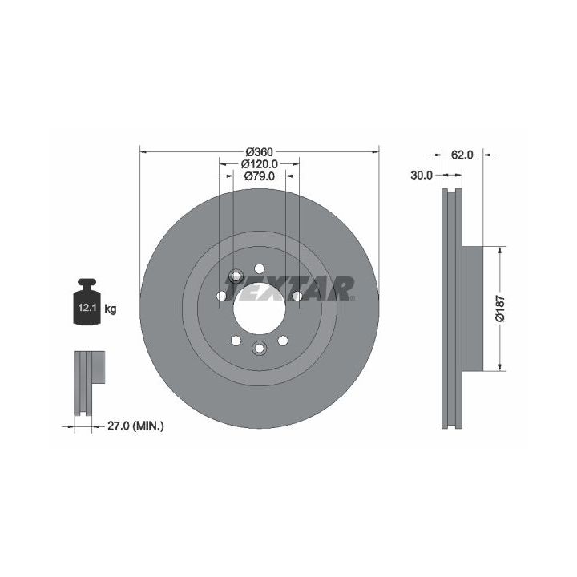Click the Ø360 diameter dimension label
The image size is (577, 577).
tap(260, 151)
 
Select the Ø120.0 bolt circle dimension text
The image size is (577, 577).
tap(260, 163)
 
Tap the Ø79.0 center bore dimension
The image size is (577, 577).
tap(260, 176)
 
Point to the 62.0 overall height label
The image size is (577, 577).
tap(462, 155)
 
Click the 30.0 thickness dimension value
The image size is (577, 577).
tap(422, 176)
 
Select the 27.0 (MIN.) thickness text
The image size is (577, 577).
tap(135, 426)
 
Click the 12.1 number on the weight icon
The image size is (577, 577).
tap(87, 308)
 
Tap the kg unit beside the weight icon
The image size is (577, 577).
tap(111, 309)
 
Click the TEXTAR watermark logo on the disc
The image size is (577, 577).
tap(289, 288)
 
